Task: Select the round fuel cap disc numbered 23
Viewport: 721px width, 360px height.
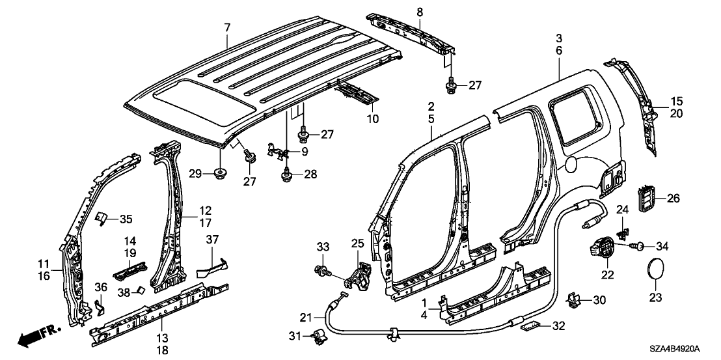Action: [x=655, y=270]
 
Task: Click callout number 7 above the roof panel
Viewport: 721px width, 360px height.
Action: [x=227, y=27]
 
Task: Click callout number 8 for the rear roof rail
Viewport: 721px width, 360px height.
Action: [x=419, y=11]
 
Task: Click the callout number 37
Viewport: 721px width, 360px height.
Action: [x=212, y=240]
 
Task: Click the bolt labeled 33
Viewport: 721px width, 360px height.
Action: [x=321, y=270]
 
